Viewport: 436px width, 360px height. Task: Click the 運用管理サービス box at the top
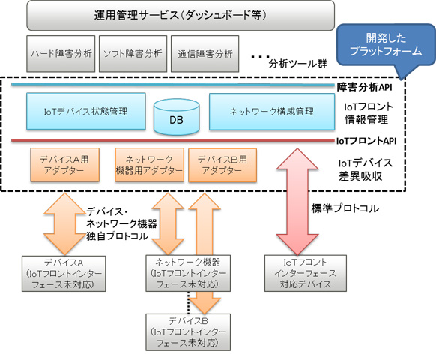pos(181,15)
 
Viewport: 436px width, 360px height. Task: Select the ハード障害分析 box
pos(61,54)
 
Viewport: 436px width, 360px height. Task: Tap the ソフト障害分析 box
pos(133,54)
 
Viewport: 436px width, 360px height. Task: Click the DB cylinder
pos(172,115)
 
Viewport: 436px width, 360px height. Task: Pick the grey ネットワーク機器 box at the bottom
pos(182,272)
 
